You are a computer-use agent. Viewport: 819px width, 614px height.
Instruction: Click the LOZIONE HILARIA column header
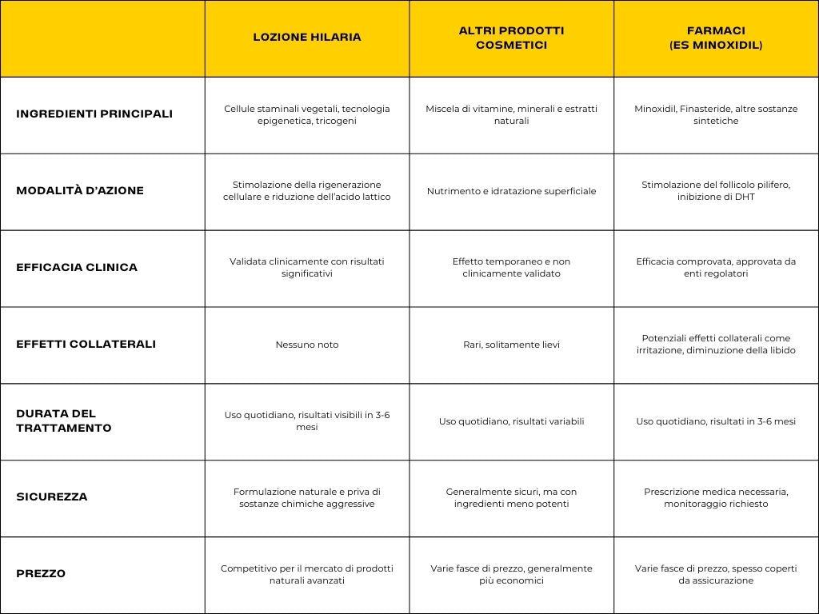click(307, 37)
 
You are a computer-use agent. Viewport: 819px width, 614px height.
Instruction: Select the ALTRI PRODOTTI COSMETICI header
click(511, 38)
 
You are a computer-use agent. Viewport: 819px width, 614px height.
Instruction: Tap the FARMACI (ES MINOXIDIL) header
click(716, 38)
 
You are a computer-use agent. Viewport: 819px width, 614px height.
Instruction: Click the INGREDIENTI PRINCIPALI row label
click(94, 114)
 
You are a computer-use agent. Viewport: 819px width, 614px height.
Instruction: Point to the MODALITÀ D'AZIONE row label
click(80, 190)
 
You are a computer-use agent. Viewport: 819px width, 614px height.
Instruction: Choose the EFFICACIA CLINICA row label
click(77, 267)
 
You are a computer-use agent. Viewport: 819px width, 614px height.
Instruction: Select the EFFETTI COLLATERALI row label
click(86, 344)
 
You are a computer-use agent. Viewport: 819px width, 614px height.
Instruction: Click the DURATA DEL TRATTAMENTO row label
click(64, 421)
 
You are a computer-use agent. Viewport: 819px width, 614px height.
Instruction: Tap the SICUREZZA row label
click(52, 496)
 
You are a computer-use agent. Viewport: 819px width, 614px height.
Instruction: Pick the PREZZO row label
click(41, 573)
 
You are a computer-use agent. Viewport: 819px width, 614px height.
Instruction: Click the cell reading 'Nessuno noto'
click(307, 345)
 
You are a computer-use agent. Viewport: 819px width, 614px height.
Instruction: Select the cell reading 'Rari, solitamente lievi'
click(511, 345)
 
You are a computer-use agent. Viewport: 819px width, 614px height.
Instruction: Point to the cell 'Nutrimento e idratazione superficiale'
click(511, 191)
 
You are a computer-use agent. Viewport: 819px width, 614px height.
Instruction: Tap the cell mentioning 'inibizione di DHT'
click(716, 190)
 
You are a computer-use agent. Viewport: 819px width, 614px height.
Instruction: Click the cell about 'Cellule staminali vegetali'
click(307, 114)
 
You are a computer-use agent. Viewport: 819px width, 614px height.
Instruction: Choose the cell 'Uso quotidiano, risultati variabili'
click(511, 421)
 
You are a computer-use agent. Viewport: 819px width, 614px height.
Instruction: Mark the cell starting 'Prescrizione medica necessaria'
click(716, 497)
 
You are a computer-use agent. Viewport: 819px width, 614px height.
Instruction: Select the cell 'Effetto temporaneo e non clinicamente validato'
click(511, 267)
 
